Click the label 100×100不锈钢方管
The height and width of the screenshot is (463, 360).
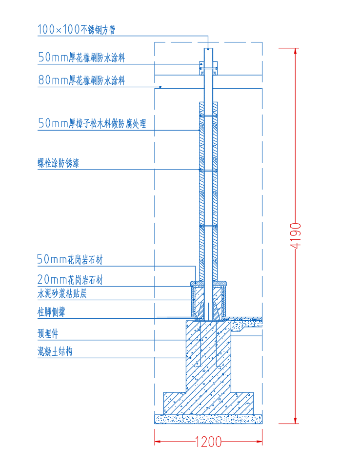(76, 30)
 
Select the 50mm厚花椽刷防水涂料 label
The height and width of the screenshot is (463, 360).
(81, 58)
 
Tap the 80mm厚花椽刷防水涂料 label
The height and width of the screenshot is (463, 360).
(81, 80)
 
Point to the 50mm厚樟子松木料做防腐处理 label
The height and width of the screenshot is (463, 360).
(92, 123)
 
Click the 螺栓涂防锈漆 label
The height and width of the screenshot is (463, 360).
(59, 163)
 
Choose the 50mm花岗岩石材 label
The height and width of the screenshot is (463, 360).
(70, 259)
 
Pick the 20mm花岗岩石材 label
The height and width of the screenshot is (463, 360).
(70, 279)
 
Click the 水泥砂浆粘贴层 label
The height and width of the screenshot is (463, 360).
(62, 293)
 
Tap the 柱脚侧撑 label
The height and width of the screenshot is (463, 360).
(51, 312)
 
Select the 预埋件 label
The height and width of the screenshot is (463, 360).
(48, 333)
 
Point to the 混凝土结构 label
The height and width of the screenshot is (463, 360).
(55, 351)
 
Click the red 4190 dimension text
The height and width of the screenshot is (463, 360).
(296, 235)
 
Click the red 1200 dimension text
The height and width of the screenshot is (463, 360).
(208, 442)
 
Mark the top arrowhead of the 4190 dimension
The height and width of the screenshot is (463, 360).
(295, 51)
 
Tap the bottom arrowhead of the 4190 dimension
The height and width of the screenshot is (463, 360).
(295, 421)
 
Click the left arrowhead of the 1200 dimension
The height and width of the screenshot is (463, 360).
(158, 442)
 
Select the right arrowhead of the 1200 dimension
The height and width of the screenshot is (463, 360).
(259, 442)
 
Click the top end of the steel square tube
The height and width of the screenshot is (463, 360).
(208, 48)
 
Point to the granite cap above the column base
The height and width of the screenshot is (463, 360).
(208, 284)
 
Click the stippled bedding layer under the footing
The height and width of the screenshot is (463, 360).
(208, 419)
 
